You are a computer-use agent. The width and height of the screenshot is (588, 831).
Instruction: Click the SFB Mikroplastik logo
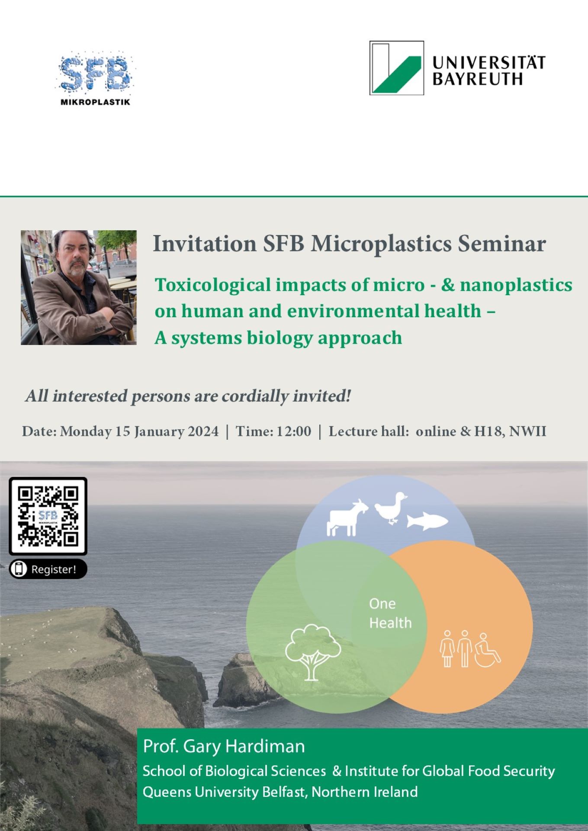tap(95, 80)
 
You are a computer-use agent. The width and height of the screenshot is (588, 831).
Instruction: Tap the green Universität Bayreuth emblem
tap(396, 68)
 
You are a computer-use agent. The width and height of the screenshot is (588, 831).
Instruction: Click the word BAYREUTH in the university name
tap(477, 79)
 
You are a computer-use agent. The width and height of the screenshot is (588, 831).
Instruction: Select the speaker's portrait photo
tap(79, 287)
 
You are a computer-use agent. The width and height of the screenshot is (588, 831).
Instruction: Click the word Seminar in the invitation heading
tap(502, 243)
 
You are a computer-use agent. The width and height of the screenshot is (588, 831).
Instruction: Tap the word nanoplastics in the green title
tap(516, 285)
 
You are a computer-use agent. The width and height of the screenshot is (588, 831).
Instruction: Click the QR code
tap(48, 516)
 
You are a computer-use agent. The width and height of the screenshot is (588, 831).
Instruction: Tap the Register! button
tap(48, 569)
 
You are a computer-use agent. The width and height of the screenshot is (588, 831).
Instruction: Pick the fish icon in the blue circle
tap(427, 520)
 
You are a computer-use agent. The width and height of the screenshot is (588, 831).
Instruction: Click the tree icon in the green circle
tap(313, 652)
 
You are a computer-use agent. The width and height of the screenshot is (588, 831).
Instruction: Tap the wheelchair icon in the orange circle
tap(488, 650)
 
